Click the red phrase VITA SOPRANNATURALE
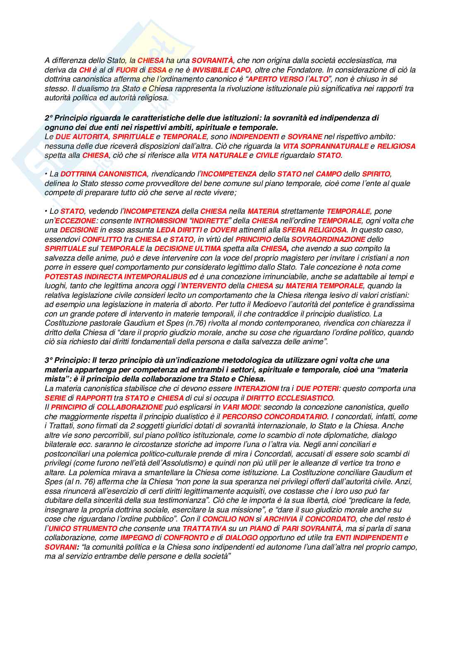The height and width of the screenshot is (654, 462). tap(325, 146)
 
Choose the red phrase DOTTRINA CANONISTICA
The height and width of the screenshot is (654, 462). tap(103, 174)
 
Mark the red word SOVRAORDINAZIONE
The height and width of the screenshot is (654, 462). tap(328, 239)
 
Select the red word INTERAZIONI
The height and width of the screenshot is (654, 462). tap(256, 389)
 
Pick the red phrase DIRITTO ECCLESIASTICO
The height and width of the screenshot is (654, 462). tap(289, 398)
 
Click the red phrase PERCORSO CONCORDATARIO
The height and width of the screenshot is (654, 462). tap(274, 417)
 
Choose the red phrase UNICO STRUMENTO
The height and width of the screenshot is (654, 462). tap(83, 529)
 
